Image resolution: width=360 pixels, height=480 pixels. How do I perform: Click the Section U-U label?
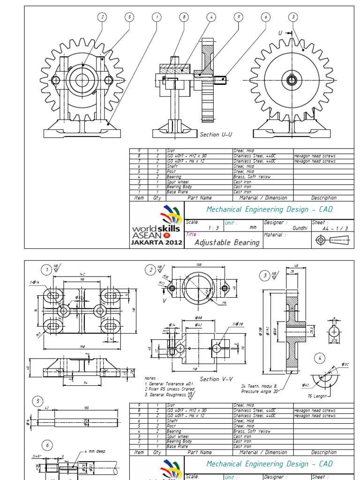coord(216,135)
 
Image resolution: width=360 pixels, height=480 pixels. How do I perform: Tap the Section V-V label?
coord(216,379)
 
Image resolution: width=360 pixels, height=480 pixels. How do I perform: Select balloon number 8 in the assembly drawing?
coord(184,17)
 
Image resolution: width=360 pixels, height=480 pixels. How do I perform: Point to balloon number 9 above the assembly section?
coord(239,17)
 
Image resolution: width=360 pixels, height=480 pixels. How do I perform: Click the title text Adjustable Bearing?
coord(227,242)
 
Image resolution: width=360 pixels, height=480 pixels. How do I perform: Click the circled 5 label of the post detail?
coord(37,401)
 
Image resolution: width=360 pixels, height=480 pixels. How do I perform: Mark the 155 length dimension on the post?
coord(86,408)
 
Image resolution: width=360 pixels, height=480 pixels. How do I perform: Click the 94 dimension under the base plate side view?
coord(85,382)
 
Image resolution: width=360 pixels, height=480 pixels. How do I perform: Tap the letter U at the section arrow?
coord(280,33)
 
